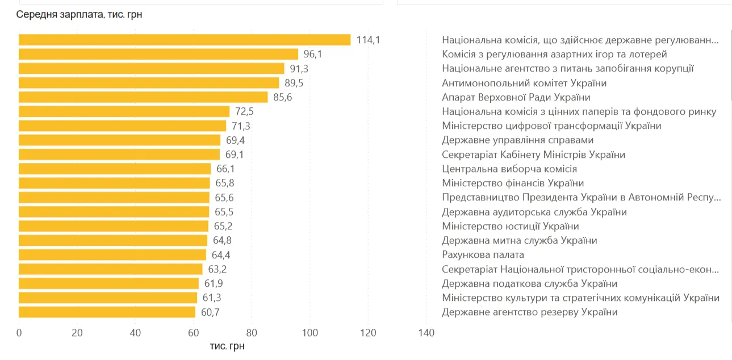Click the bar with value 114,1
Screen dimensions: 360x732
pyautogui.click(x=185, y=40)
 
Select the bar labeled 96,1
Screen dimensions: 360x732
pyautogui.click(x=158, y=54)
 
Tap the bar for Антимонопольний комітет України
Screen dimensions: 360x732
pyautogui.click(x=149, y=83)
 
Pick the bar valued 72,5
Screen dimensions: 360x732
pyautogui.click(x=124, y=111)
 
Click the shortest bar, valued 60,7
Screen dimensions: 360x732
pyautogui.click(x=107, y=312)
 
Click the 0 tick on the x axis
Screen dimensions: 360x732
pyautogui.click(x=19, y=333)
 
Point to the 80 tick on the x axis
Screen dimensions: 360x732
pyautogui.click(x=252, y=333)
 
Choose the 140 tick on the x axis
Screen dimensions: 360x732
pyautogui.click(x=426, y=333)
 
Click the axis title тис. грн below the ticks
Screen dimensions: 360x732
pyautogui.click(x=227, y=346)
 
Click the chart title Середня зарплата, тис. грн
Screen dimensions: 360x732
pyautogui.click(x=79, y=15)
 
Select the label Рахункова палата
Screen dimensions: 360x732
pyautogui.click(x=483, y=254)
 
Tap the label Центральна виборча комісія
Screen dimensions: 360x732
pyautogui.click(x=509, y=169)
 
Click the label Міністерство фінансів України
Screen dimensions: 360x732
pyautogui.click(x=513, y=183)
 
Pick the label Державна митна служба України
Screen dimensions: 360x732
pyautogui.click(x=519, y=240)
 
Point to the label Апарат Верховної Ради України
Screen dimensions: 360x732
pyautogui.click(x=516, y=97)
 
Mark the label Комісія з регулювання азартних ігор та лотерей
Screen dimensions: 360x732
pyautogui.click(x=554, y=54)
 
